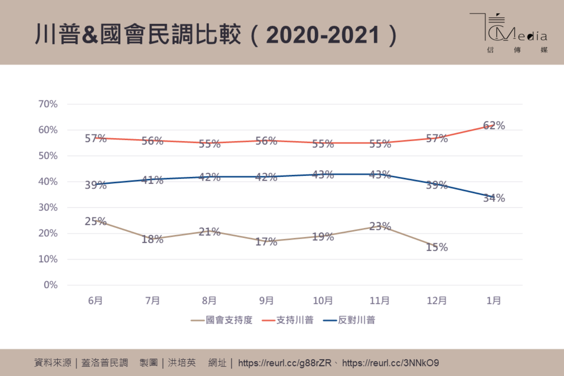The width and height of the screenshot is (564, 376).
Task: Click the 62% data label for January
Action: [x=494, y=125]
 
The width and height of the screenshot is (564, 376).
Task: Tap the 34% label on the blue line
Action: [x=494, y=198]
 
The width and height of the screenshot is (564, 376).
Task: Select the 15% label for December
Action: [x=437, y=247]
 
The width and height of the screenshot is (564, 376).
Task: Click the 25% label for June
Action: [x=95, y=221]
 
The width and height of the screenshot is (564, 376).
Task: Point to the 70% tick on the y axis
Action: [x=48, y=104]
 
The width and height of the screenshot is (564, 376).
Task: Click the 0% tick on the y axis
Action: [x=51, y=285]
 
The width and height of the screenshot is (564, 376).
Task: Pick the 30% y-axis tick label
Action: [x=48, y=208]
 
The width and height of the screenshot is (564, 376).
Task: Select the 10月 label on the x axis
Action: [x=323, y=301]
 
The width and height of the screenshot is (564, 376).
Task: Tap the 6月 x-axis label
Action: [x=95, y=301]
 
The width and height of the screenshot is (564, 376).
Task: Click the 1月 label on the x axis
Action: [x=494, y=301]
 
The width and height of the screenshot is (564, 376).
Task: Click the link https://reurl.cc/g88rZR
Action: [x=285, y=363]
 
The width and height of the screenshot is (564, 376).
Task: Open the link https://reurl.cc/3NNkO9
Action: [x=390, y=363]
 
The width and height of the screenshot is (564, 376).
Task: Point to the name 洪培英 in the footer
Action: [x=182, y=363]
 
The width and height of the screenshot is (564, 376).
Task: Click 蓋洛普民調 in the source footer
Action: [x=105, y=363]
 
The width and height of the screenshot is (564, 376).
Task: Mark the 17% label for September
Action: [x=266, y=242]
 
